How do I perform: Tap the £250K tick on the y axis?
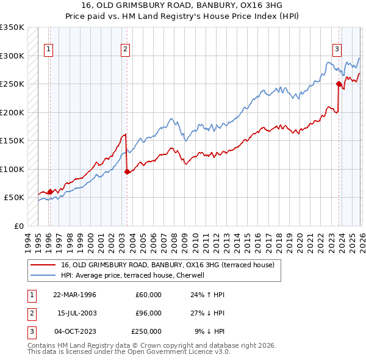[12, 84]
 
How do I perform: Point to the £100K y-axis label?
[12, 169]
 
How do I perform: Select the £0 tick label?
[18, 226]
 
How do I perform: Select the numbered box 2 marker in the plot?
[124, 50]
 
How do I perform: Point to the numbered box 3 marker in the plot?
[336, 50]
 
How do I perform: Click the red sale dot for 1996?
[50, 192]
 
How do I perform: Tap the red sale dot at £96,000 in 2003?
[127, 171]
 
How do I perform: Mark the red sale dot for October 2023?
[339, 84]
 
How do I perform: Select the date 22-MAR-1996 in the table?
[74, 295]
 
